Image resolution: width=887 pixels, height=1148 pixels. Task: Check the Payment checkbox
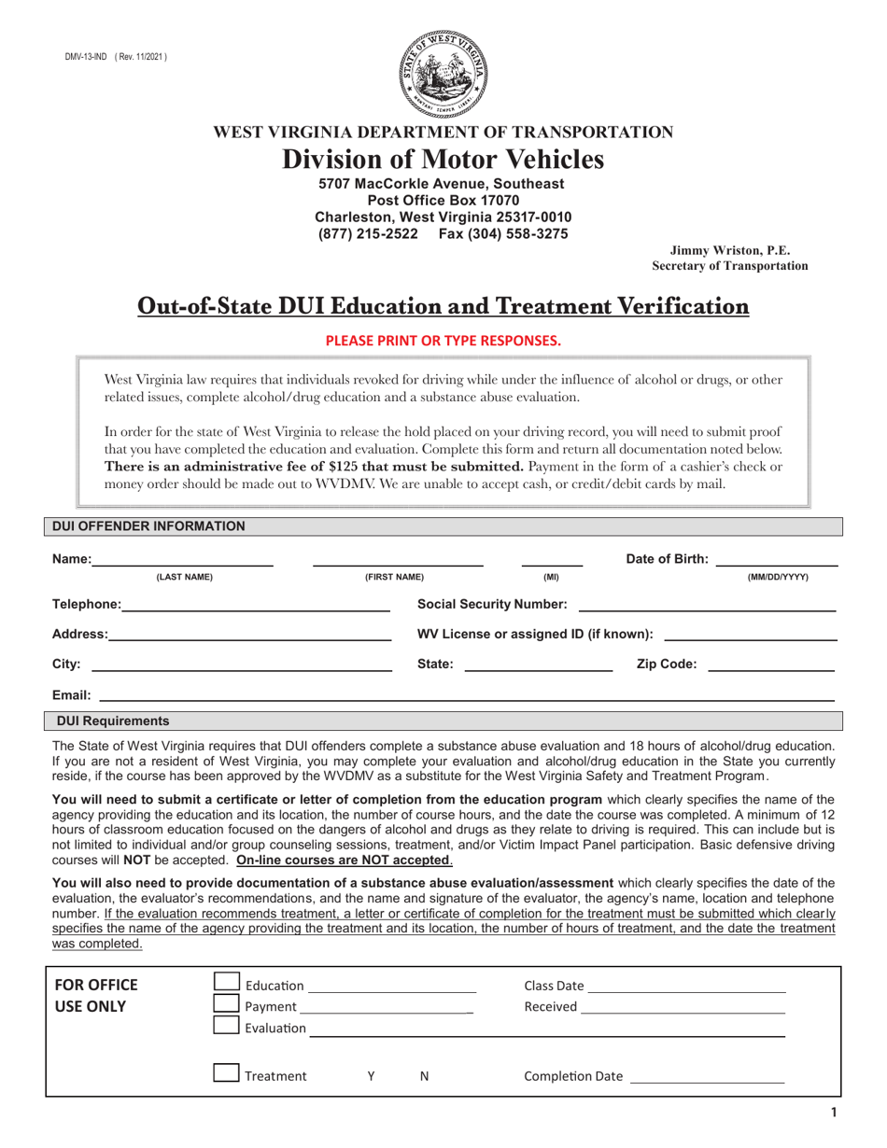click(227, 1003)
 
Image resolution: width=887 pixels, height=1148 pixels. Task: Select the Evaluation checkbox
click(227, 1025)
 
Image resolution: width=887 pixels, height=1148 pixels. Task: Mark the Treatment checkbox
click(227, 1072)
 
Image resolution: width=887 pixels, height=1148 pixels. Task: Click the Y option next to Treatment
click(371, 1076)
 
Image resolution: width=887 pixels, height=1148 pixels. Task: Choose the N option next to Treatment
click(425, 1076)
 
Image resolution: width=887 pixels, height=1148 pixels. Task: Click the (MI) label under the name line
click(551, 578)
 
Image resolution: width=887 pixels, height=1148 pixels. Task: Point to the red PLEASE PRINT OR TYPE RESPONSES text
click(443, 341)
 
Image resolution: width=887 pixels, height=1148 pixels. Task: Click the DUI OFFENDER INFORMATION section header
click(149, 526)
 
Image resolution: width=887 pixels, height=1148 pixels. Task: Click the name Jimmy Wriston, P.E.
click(729, 250)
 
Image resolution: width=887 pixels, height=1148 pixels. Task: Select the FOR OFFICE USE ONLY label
click(96, 996)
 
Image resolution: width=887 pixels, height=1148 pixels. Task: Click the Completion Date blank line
click(707, 1077)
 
